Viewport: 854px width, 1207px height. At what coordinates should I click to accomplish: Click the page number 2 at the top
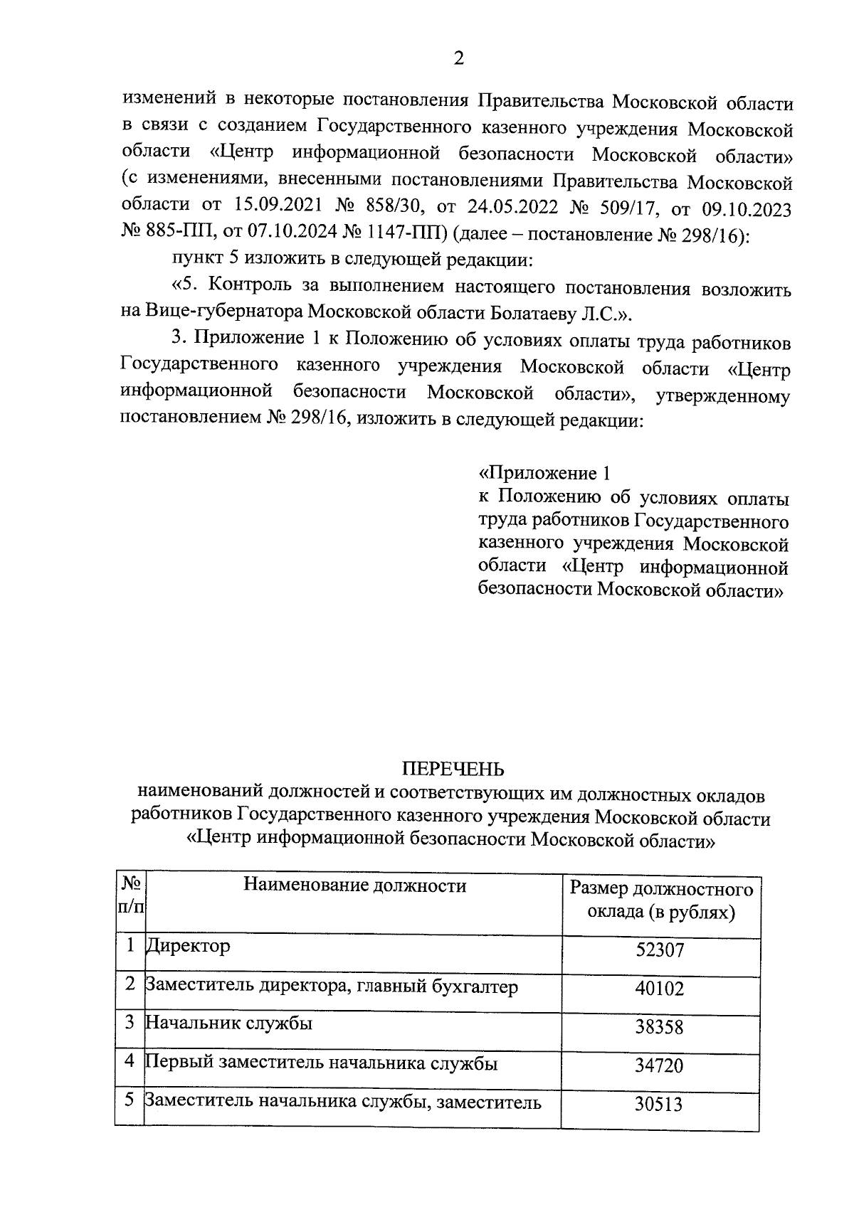[x=458, y=58]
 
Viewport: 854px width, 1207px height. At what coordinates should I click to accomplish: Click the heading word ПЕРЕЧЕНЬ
[x=453, y=769]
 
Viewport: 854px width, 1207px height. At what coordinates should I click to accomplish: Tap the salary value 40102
[x=660, y=989]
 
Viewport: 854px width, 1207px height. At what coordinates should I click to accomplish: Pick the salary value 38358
[x=660, y=1027]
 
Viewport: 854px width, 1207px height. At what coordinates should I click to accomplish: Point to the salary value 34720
[x=660, y=1065]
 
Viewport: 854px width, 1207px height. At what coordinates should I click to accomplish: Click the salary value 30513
[x=660, y=1104]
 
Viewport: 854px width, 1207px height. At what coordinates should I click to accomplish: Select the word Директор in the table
[x=188, y=947]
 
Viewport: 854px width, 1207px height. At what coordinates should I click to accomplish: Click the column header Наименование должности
[x=354, y=886]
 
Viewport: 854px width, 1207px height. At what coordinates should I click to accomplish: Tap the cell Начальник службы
[x=229, y=1023]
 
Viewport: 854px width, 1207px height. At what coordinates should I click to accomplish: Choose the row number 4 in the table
[x=130, y=1062]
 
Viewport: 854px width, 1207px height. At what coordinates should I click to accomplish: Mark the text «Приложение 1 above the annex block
[x=545, y=473]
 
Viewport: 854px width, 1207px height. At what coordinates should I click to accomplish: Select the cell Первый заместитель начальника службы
[x=321, y=1063]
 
